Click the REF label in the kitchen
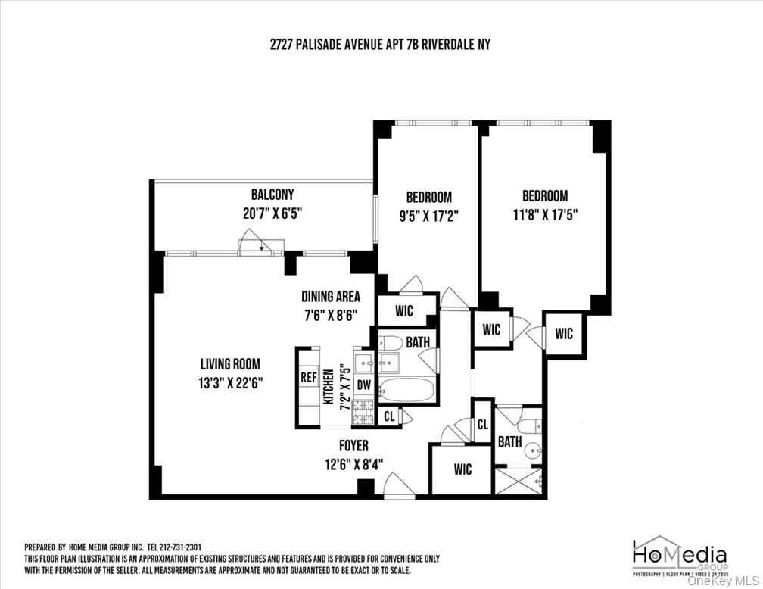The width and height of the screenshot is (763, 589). click(x=308, y=377)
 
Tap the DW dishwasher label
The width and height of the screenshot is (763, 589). click(x=364, y=385)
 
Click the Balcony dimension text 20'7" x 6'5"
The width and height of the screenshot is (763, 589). click(x=272, y=213)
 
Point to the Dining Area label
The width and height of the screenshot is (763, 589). click(x=330, y=297)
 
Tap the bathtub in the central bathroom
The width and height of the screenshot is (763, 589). click(x=407, y=390)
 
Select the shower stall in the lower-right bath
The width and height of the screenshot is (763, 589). click(x=519, y=481)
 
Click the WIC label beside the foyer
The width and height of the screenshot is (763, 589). click(x=462, y=469)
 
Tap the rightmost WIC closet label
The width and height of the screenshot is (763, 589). click(x=564, y=333)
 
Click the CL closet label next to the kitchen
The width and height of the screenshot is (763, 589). click(x=389, y=416)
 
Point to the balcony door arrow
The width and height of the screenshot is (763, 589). click(x=258, y=245)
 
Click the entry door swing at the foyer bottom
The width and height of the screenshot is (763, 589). click(x=399, y=485)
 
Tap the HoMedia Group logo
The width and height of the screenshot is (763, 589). click(x=679, y=554)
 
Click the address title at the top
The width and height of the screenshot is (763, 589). click(x=380, y=45)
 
